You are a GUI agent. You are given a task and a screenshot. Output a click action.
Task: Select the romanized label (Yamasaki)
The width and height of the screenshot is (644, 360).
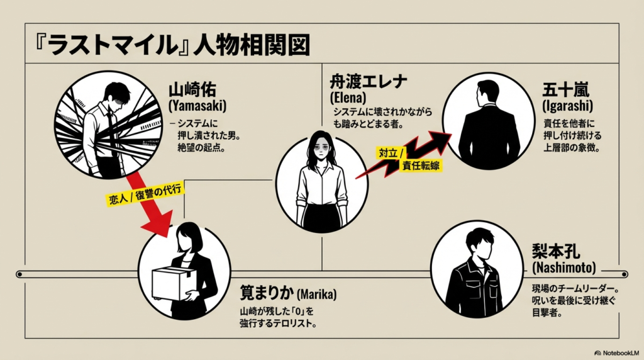197,106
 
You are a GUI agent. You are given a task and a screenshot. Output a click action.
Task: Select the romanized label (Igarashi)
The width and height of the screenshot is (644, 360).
567,106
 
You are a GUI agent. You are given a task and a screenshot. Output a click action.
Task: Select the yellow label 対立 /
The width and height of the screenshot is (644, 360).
392,152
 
